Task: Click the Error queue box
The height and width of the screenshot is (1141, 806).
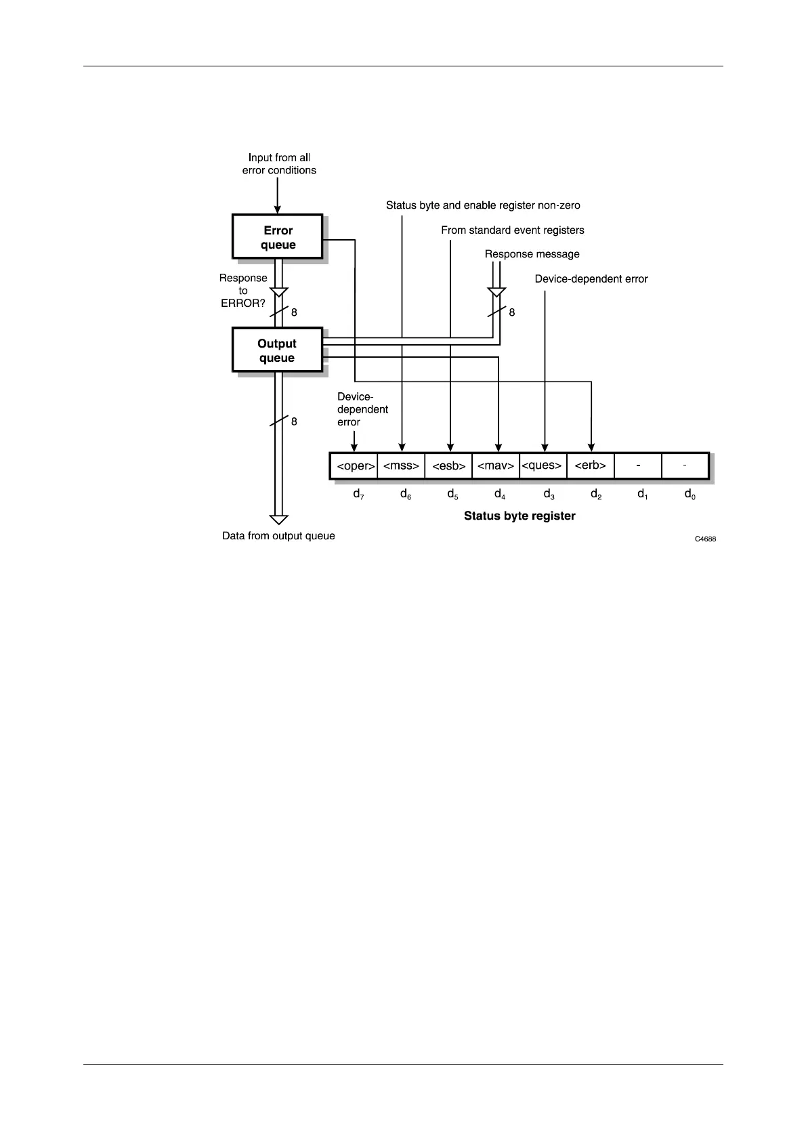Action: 278,237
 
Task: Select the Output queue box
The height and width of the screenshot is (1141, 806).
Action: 277,350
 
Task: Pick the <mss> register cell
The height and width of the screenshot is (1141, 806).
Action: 402,466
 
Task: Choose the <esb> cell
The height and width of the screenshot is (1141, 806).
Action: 448,466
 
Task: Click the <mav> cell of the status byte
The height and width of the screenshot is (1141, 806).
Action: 496,466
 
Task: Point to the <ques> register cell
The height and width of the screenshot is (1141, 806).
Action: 543,466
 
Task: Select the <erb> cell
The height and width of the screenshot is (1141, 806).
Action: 590,466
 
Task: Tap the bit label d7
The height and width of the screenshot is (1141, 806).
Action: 358,495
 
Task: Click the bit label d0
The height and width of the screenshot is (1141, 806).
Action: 690,495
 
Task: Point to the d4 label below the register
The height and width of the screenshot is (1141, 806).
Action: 500,495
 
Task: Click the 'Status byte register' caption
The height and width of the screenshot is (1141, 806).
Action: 519,516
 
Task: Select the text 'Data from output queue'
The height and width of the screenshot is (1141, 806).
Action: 278,536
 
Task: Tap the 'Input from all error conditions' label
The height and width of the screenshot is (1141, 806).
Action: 279,164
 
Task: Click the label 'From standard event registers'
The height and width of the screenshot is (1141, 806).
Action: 512,230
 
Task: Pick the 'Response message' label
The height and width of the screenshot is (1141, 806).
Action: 532,254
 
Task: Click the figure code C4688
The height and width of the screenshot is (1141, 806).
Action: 705,539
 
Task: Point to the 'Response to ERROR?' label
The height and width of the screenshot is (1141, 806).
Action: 243,291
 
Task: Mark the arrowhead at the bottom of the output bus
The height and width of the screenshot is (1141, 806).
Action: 278,520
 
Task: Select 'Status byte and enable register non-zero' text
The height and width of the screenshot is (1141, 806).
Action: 483,205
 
